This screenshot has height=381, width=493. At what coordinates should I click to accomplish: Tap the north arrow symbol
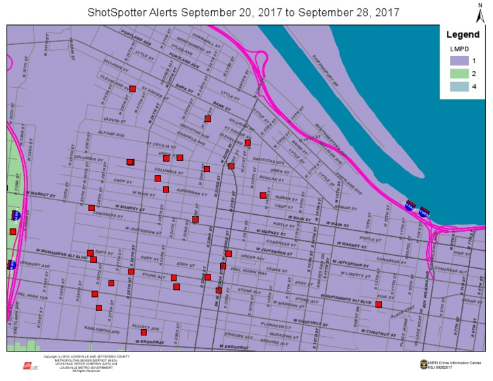480,12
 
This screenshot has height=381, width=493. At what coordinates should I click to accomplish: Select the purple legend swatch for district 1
458,60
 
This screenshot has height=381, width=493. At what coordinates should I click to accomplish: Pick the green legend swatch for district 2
458,73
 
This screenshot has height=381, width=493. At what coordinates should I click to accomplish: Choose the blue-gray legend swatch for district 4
458,87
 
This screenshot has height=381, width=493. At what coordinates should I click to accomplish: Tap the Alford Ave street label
113,135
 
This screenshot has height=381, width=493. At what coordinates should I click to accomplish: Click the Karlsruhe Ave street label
107,329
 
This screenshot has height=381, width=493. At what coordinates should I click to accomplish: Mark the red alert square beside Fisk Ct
379,305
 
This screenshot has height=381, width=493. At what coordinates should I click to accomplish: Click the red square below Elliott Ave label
144,332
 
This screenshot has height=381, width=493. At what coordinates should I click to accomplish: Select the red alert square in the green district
13,232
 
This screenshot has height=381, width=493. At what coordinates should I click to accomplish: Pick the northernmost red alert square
133,89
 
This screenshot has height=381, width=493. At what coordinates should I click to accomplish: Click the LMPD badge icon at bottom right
421,364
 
